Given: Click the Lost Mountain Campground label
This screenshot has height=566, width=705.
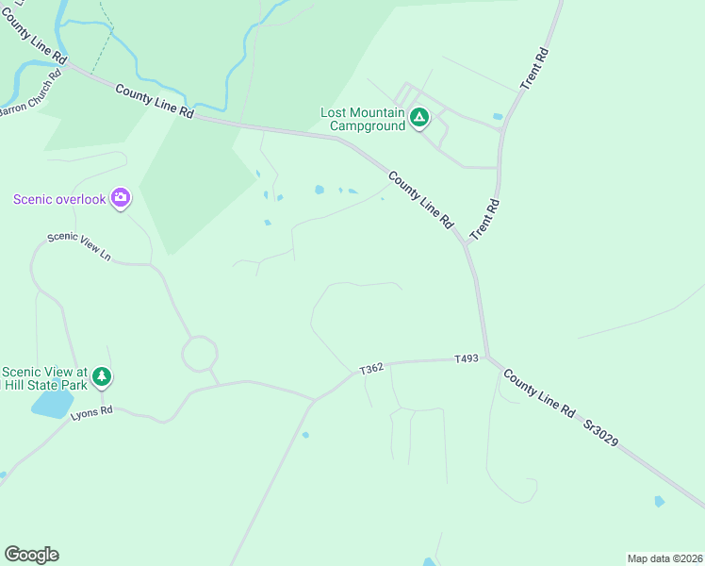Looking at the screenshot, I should [363, 119].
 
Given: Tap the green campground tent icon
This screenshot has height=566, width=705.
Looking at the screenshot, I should [419, 119].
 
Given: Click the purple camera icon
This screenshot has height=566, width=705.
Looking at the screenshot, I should [120, 197].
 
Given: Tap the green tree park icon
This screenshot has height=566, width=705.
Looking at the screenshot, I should [102, 377].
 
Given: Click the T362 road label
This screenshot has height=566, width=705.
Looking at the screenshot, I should [371, 369].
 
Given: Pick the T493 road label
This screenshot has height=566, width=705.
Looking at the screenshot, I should [467, 358].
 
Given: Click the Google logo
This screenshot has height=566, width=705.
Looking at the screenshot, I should [31, 555].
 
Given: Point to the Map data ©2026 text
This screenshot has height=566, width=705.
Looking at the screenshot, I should [664, 558].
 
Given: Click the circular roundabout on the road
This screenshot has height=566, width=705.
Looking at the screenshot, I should [200, 355].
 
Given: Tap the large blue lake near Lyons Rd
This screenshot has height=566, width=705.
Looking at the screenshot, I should [52, 404].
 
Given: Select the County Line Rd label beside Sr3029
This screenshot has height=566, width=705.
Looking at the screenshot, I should [538, 393].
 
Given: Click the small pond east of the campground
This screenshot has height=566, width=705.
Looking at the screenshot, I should [497, 117].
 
